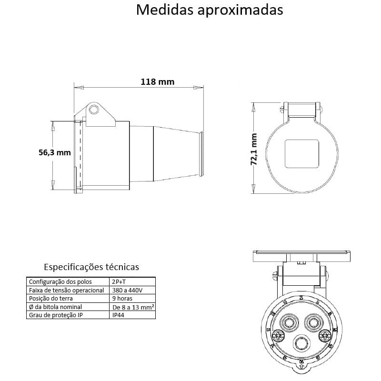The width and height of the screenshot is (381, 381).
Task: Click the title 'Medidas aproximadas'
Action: (x=210, y=10)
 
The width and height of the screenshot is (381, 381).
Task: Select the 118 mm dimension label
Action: (x=157, y=81)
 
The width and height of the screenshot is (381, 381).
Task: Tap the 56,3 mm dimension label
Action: (x=54, y=152)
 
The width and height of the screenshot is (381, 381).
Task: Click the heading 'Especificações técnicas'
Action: (x=91, y=267)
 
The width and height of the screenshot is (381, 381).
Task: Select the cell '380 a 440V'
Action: (x=126, y=290)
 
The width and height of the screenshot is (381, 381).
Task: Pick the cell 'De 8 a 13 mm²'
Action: (x=133, y=307)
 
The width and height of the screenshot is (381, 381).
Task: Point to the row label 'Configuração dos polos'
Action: (x=60, y=281)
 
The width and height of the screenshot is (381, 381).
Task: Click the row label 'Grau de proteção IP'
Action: (x=56, y=315)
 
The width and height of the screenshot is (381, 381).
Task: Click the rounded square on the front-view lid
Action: (x=301, y=153)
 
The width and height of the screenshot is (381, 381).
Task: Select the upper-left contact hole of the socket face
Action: (x=288, y=322)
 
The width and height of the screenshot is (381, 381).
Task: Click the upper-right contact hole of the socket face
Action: (x=313, y=322)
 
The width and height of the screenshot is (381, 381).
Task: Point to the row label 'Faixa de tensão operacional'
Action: (x=66, y=290)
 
